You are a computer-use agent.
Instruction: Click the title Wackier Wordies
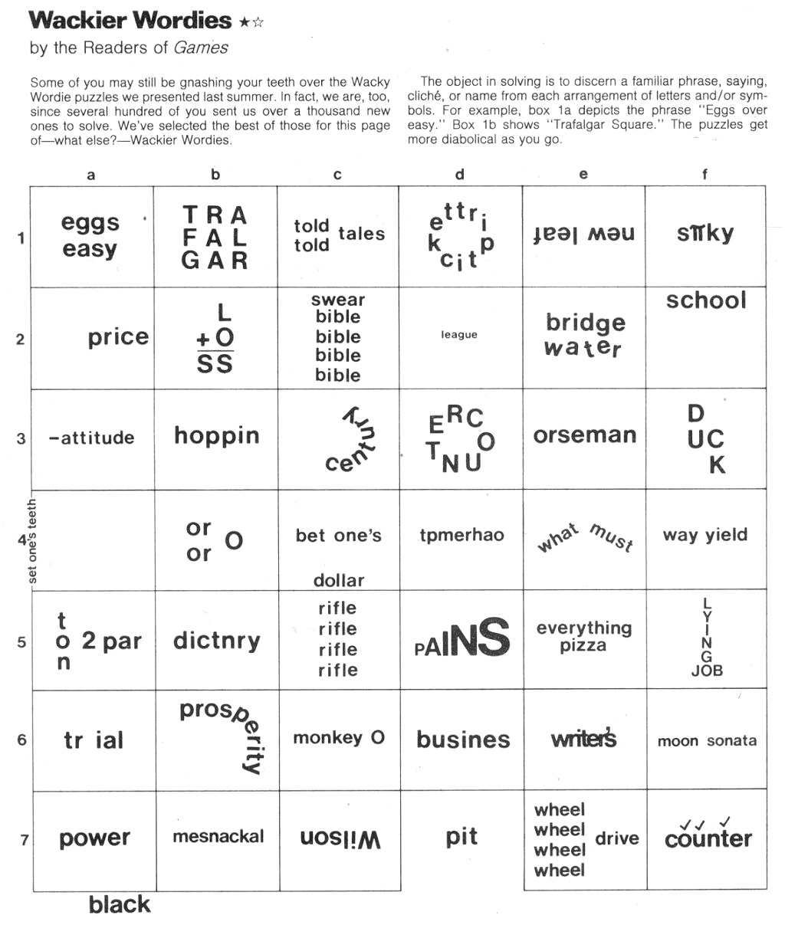pos(130,21)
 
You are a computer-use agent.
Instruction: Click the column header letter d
pos(459,175)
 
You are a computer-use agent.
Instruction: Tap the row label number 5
pos(21,641)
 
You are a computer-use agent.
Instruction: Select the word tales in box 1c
pos(361,234)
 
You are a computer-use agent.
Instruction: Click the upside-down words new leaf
pos(584,234)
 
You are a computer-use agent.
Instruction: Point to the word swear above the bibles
pos(338,300)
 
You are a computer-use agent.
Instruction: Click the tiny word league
pos(459,335)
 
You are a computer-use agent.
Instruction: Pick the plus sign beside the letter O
pos(203,338)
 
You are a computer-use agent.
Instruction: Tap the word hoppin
pos(217,436)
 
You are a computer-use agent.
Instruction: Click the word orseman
pos(585,435)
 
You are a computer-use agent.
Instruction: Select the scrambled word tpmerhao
pos(461,535)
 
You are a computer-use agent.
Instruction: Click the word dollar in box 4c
pos(339,580)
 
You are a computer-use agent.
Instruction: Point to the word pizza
pos(583,646)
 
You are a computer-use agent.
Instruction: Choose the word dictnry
pos(217,641)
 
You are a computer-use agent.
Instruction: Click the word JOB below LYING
pos(707,671)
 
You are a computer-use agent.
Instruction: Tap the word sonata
pos(731,740)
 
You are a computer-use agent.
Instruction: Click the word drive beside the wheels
pos(617,838)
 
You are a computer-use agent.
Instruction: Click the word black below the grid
pos(120,904)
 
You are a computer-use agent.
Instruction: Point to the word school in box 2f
pos(706,300)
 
